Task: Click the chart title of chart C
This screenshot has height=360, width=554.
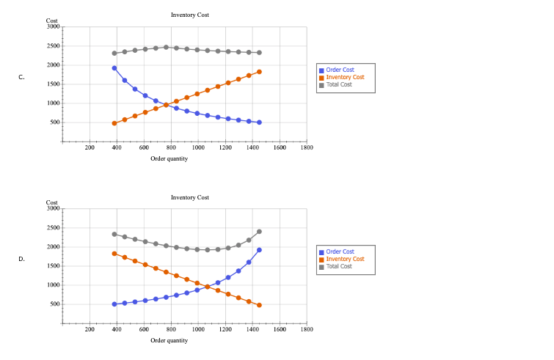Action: pyautogui.click(x=189, y=15)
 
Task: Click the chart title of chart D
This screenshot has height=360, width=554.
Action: pyautogui.click(x=189, y=197)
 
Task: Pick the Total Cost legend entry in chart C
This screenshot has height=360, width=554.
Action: pyautogui.click(x=340, y=84)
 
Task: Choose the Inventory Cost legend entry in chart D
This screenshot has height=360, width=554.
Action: pyautogui.click(x=345, y=259)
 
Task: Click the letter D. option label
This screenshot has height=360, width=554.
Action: pyautogui.click(x=22, y=259)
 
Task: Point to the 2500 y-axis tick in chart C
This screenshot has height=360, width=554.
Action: pyautogui.click(x=52, y=46)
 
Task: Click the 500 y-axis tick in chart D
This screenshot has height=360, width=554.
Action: pyautogui.click(x=54, y=304)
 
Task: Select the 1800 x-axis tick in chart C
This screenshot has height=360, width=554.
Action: pyautogui.click(x=307, y=147)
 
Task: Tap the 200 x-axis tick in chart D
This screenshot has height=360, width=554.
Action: pyautogui.click(x=90, y=330)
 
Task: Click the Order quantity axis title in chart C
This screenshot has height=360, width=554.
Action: pyautogui.click(x=169, y=158)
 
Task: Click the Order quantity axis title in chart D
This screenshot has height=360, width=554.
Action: pyautogui.click(x=169, y=340)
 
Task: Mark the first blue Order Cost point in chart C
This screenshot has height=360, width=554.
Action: pyautogui.click(x=114, y=68)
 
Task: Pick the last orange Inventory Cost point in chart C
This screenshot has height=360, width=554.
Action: pyautogui.click(x=259, y=72)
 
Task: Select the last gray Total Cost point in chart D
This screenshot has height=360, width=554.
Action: pyautogui.click(x=259, y=232)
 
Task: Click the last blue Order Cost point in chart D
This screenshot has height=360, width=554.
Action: pyautogui.click(x=259, y=250)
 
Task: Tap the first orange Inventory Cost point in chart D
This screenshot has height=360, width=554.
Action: pyautogui.click(x=114, y=254)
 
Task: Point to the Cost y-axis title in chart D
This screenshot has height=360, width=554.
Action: pyautogui.click(x=51, y=202)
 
